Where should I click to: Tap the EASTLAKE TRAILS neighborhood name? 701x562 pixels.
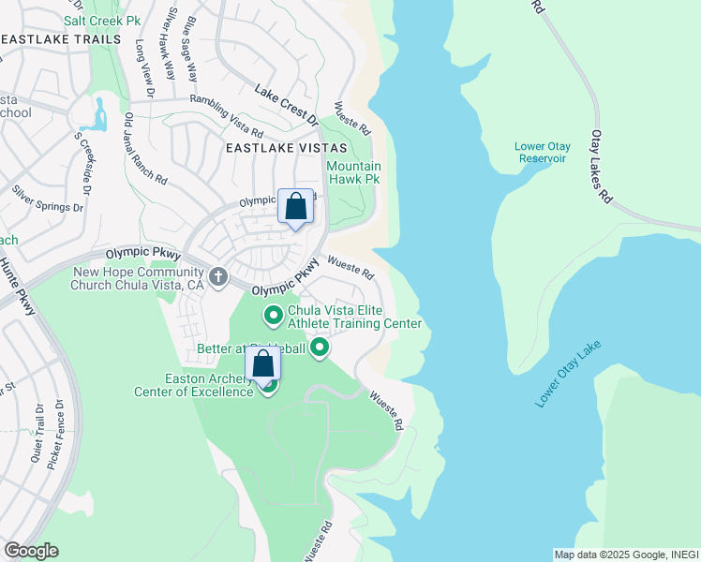[62, 39]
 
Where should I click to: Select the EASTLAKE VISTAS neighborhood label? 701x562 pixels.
[285, 148]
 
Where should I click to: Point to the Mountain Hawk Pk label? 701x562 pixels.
[353, 172]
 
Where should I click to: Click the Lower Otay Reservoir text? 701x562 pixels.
[541, 152]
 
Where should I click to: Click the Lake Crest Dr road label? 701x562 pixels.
[287, 104]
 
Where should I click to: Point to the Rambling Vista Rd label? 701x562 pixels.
[226, 111]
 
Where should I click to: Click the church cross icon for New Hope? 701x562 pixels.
[218, 276]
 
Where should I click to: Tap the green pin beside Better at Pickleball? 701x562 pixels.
[320, 349]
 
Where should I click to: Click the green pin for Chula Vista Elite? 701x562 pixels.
[274, 317]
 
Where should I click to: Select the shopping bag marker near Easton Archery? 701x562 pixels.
[263, 364]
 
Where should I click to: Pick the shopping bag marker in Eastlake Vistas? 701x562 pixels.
[295, 207]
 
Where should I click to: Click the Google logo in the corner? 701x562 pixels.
[31, 551]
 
